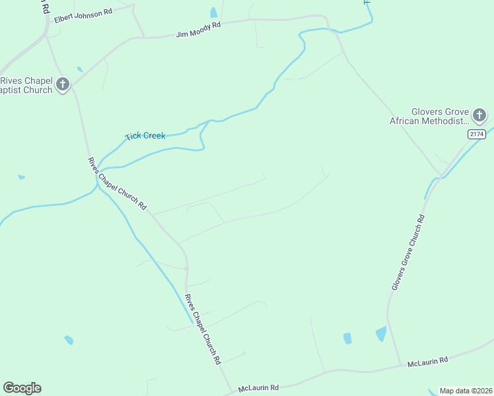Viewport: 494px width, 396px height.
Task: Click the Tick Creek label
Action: tap(145, 136)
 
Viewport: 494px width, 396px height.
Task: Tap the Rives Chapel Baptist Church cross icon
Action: tap(63, 84)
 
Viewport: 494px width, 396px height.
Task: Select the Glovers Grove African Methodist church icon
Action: tap(479, 115)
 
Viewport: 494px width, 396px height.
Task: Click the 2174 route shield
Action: tap(476, 134)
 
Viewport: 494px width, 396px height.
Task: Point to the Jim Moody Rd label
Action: tap(198, 29)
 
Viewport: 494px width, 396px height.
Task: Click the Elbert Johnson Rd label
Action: tap(83, 14)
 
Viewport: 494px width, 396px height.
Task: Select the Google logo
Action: tap(22, 387)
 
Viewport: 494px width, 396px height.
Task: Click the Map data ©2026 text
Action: tap(466, 391)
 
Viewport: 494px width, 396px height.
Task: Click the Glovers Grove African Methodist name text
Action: tap(429, 116)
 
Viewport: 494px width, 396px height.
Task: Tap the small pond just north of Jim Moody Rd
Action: tap(213, 13)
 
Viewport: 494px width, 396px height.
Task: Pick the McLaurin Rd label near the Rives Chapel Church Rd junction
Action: tap(258, 387)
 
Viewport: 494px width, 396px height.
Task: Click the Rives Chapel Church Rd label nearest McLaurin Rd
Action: tap(203, 329)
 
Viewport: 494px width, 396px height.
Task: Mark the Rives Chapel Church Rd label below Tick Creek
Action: tap(117, 183)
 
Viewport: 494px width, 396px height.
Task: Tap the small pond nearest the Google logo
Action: tap(69, 340)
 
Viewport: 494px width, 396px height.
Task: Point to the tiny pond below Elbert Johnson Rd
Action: tap(80, 69)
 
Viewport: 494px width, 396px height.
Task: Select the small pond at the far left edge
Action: tap(22, 177)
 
